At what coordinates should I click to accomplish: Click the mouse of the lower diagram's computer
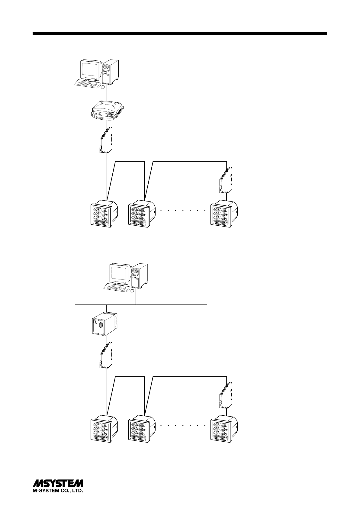[x=131, y=291]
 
